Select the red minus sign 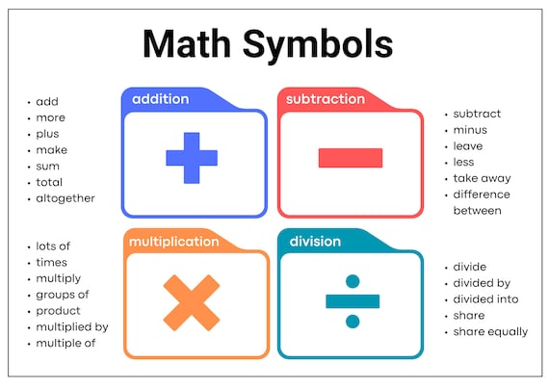point(350,158)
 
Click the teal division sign point(350,300)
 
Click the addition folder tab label point(160,99)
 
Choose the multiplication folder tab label point(174,241)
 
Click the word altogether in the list point(65,198)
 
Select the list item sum point(48,166)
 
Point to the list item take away point(482,178)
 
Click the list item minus point(470,129)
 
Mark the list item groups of point(63,295)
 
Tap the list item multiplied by point(72,326)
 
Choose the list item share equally point(490,332)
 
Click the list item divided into point(485,299)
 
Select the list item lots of point(53,246)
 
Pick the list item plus point(48,134)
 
